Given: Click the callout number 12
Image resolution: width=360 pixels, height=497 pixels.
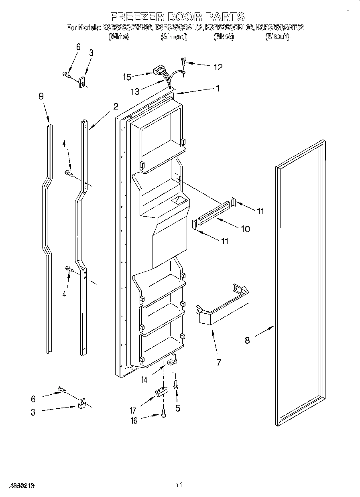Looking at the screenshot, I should tap(218, 67).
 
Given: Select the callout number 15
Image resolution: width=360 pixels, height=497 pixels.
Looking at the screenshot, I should tap(127, 76).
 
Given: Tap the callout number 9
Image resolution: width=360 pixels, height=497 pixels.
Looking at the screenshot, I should tap(41, 96).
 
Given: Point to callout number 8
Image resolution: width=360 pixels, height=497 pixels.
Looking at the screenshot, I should tap(247, 341).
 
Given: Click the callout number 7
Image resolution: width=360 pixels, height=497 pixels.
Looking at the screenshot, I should tap(219, 363).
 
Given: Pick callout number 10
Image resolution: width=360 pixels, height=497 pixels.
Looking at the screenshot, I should tap(245, 229).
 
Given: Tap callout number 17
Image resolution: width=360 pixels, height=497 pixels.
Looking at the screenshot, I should tap(133, 410).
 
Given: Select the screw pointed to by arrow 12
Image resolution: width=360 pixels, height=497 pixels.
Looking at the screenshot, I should tap(183, 61).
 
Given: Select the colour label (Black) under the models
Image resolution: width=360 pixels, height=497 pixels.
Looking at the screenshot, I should tap(224, 37).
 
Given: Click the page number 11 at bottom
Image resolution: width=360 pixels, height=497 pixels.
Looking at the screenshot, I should tap(179, 485).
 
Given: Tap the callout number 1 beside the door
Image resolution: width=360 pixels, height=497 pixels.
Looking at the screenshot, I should tap(218, 89).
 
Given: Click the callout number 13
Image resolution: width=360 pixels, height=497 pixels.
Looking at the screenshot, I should tap(135, 92).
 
